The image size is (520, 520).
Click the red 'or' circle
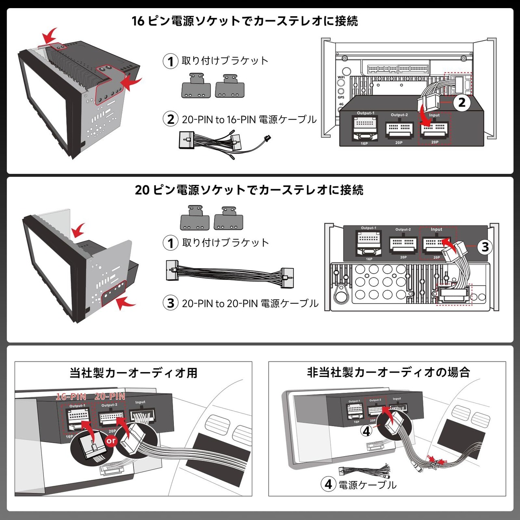(111, 441)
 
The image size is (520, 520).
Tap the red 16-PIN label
(71, 396)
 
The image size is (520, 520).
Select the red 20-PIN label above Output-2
(110, 396)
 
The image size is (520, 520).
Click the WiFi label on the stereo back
(341, 77)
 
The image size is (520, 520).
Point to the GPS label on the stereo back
(341, 97)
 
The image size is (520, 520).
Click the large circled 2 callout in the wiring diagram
(461, 102)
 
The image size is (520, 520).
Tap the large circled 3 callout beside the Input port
(485, 247)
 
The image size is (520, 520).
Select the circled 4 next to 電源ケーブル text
(328, 484)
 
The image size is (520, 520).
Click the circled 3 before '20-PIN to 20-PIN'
(171, 303)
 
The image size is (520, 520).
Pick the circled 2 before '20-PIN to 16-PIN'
(171, 119)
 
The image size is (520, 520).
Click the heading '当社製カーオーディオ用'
(133, 373)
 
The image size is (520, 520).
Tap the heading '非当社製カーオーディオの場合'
(388, 372)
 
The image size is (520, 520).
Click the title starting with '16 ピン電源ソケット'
(245, 21)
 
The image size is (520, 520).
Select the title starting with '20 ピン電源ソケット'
(249, 190)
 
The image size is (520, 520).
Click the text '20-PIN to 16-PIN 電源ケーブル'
(249, 119)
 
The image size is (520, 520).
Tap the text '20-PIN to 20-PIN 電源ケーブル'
(250, 303)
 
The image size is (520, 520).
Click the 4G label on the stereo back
(341, 104)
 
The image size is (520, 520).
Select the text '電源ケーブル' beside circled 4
(367, 485)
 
